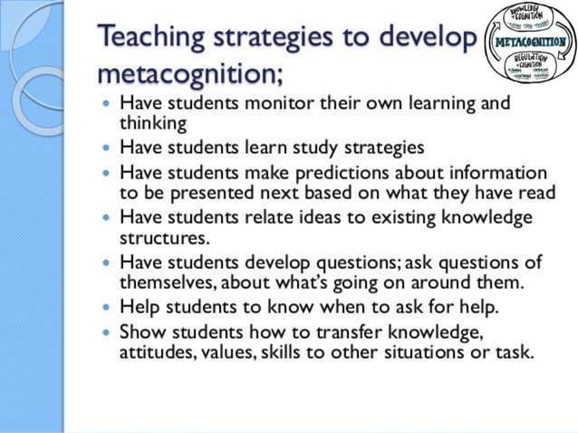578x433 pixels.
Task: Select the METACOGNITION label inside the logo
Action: point(528,42)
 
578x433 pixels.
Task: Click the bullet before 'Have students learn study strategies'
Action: point(109,146)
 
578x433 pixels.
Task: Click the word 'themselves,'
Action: point(169,284)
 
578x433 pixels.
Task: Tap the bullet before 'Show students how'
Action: point(109,332)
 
